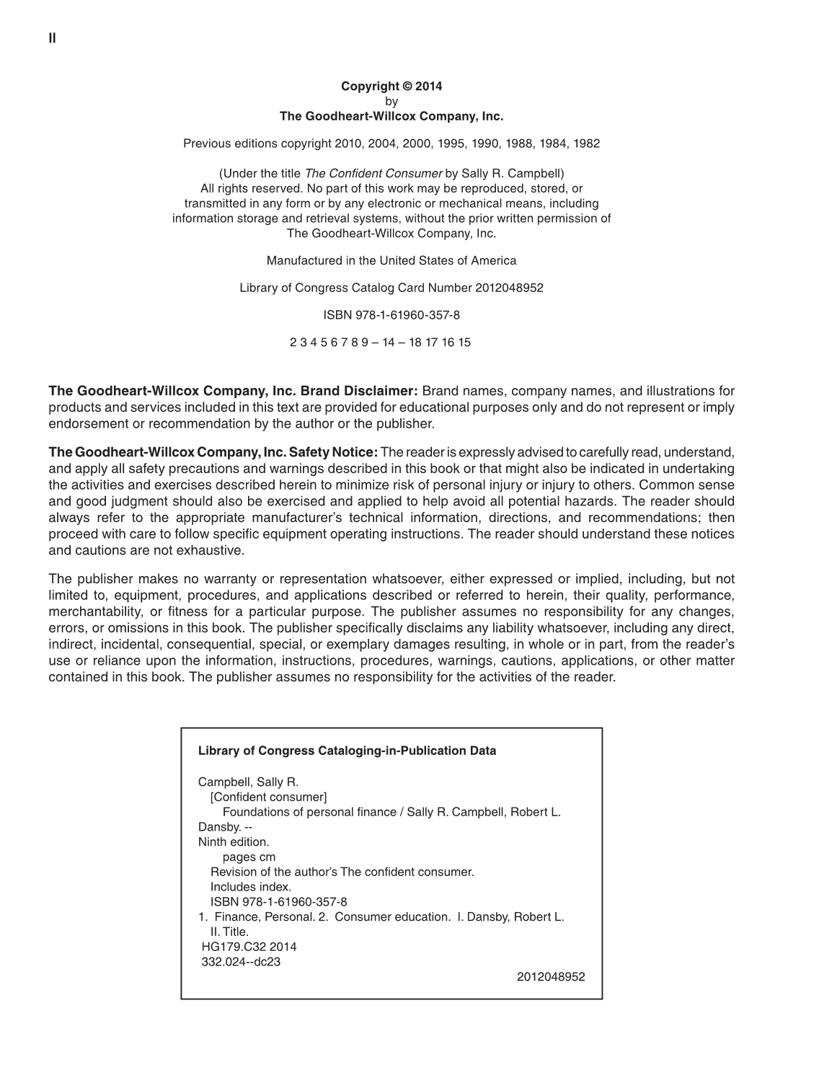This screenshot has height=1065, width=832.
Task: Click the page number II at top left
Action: tap(52, 38)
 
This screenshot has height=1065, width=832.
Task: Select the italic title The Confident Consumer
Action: tap(373, 174)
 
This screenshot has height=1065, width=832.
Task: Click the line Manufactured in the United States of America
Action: tap(391, 261)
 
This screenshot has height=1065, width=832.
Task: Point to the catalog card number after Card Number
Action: tap(509, 288)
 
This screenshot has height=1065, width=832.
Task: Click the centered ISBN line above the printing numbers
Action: tap(391, 316)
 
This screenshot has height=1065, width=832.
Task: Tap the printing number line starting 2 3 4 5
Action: tap(380, 343)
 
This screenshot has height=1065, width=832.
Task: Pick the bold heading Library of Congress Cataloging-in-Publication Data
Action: tap(347, 751)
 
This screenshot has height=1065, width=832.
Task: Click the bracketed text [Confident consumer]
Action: tap(268, 797)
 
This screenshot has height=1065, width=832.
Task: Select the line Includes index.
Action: tap(251, 888)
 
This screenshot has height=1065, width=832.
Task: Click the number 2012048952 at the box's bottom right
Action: tap(551, 978)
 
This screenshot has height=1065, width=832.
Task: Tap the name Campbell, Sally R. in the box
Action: tap(248, 782)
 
